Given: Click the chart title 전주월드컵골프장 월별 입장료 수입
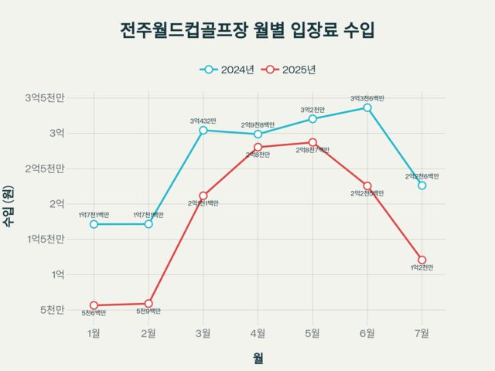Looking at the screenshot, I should click(x=247, y=31).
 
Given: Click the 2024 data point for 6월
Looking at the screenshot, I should click(x=367, y=107).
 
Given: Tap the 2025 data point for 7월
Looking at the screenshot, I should click(x=422, y=260).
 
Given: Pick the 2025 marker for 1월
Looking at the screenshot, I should click(x=94, y=305).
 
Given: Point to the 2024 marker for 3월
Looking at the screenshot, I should click(x=203, y=130).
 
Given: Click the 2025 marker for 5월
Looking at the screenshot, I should click(x=312, y=142).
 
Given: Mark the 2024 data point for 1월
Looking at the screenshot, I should click(x=94, y=224).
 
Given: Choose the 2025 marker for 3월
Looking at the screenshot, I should click(x=203, y=196).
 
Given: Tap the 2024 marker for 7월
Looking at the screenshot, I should click(x=422, y=185).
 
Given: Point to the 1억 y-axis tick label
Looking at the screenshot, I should click(x=58, y=274).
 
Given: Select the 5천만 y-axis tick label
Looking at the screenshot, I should click(x=51, y=310).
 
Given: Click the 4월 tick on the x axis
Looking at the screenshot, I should click(x=258, y=333).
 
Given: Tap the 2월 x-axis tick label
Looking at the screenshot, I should click(x=148, y=333).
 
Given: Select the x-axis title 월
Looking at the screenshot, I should click(x=258, y=358).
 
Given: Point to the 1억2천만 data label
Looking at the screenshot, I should click(x=422, y=267).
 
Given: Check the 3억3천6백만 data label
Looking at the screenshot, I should click(x=367, y=98).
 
